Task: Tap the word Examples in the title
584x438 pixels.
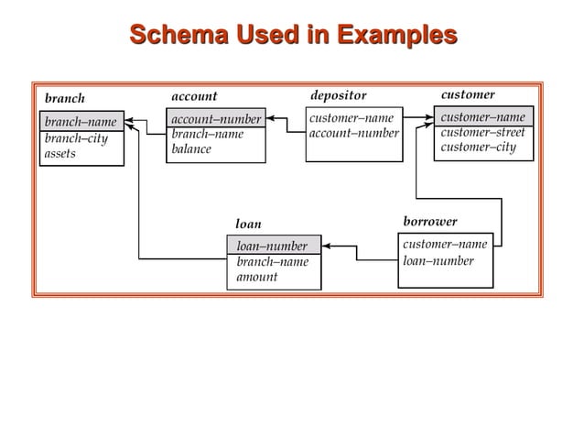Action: [395, 36]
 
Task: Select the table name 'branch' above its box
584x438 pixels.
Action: [64, 98]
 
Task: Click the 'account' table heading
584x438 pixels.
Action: [194, 96]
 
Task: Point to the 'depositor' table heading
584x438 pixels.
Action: [338, 95]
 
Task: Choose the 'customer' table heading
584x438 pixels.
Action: [468, 94]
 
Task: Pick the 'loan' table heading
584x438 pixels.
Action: [248, 224]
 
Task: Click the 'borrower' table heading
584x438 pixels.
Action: [429, 222]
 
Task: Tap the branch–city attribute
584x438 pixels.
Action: [76, 138]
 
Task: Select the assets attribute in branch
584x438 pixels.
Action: [60, 154]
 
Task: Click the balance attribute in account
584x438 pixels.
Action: [191, 149]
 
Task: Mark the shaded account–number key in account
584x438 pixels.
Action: [216, 119]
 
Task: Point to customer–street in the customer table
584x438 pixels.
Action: [482, 133]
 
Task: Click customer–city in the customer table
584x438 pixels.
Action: [478, 148]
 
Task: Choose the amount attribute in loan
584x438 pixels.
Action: [257, 277]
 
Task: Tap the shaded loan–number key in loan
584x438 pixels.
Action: [273, 246]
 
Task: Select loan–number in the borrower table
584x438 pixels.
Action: [438, 261]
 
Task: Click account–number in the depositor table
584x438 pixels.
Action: [353, 134]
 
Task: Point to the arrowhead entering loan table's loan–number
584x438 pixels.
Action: [327, 246]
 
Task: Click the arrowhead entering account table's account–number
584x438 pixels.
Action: [272, 119]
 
